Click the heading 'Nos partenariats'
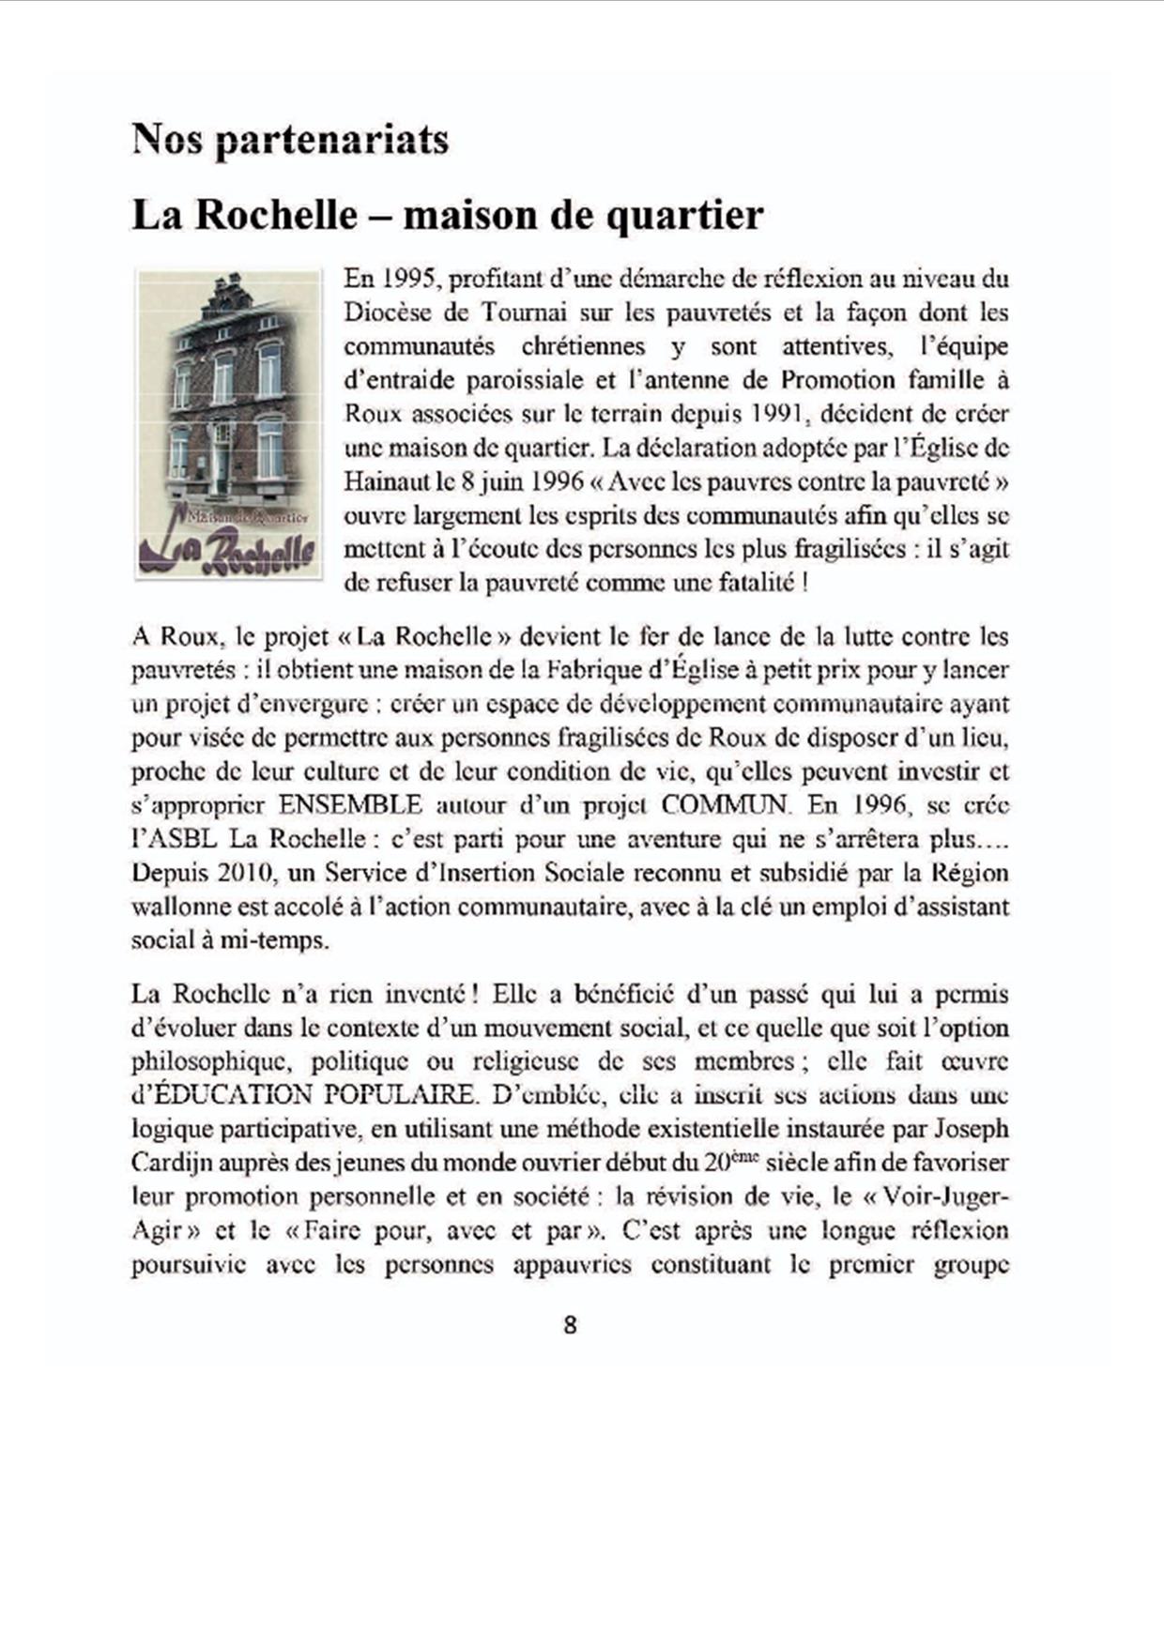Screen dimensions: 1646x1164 point(290,141)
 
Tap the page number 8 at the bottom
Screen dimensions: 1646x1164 point(570,1325)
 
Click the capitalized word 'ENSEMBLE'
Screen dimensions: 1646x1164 point(350,805)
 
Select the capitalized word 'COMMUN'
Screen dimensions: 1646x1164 point(727,805)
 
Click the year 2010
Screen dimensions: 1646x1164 point(245,873)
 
